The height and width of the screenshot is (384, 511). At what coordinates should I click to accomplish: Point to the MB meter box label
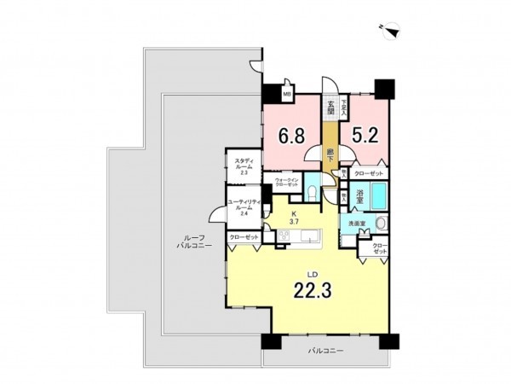click(x=287, y=94)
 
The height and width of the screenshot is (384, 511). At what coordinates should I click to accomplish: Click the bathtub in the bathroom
click(x=377, y=198)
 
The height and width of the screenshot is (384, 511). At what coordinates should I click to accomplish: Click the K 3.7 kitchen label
click(x=293, y=218)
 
